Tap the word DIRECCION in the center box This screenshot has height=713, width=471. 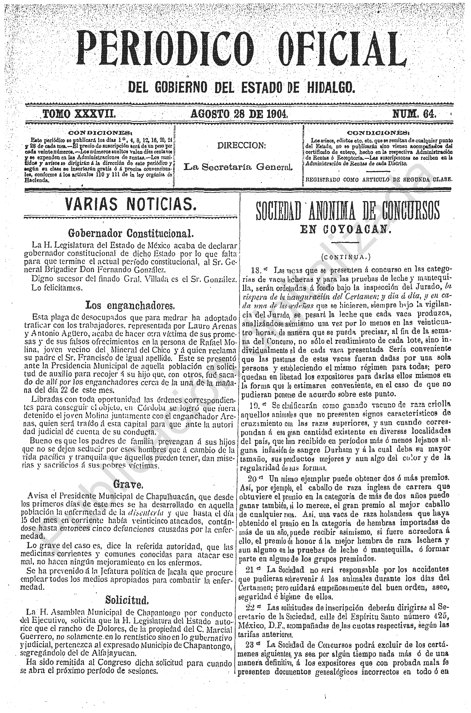[242, 146]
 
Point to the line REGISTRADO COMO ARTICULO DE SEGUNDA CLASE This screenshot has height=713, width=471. [378, 179]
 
